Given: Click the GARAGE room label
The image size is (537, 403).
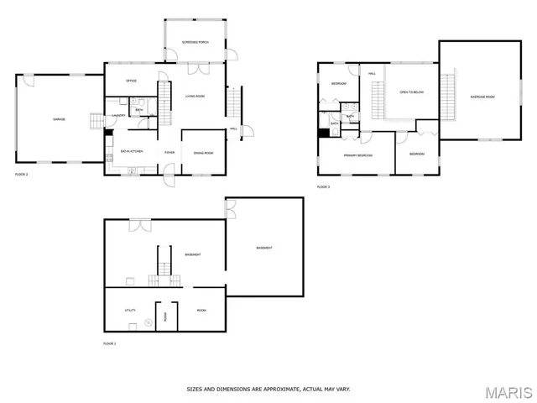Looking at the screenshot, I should click(60, 119).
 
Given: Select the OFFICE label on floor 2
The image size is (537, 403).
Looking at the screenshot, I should click(131, 81).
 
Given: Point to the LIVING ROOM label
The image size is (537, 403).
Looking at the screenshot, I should click(196, 97).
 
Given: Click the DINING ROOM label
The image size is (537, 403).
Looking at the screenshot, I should click(204, 153).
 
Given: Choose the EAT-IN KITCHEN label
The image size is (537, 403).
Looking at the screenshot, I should click(132, 151).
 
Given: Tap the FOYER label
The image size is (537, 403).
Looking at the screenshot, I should click(169, 153).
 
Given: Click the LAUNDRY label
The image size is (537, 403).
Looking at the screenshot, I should click(118, 116).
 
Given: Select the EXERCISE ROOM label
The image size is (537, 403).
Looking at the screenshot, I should click(482, 97).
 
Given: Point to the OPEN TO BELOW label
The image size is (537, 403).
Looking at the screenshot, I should click(411, 92).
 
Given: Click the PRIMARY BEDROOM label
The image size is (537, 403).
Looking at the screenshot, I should click(357, 154).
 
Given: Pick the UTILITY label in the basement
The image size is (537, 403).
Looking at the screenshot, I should click(131, 311).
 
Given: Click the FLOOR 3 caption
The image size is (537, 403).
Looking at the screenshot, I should click(323, 186).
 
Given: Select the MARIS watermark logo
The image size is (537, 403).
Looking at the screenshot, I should click(507, 391).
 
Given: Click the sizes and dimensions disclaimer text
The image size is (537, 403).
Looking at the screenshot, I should click(268, 389).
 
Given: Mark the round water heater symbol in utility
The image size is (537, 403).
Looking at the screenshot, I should click(148, 322).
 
